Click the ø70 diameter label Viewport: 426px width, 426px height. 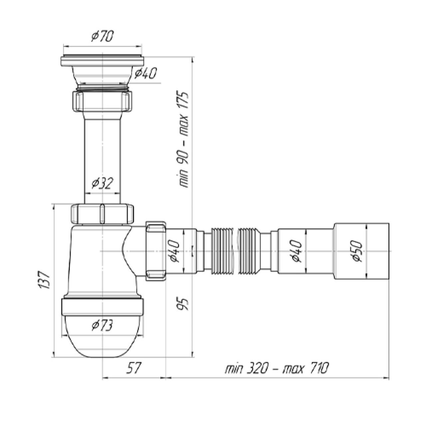[x=103, y=36]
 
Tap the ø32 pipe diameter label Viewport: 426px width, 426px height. [x=103, y=183]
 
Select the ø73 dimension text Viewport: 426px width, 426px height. [x=103, y=325]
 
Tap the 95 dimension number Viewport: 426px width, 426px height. [x=183, y=304]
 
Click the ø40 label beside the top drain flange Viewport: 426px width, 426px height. [x=145, y=73]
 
